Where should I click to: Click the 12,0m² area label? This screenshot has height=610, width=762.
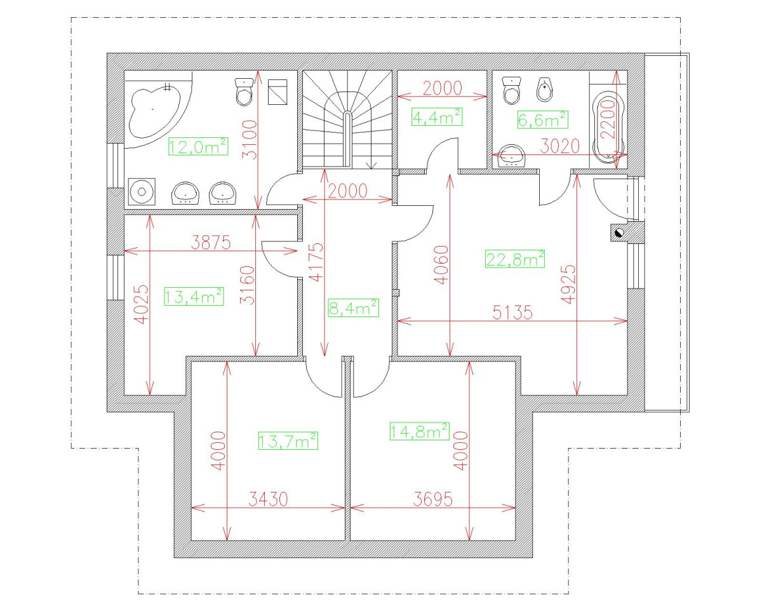tap(198, 147)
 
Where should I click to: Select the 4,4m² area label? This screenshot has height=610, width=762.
tap(437, 117)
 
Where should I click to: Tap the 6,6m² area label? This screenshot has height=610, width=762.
tap(543, 120)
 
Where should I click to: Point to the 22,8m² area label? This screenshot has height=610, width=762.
tap(515, 259)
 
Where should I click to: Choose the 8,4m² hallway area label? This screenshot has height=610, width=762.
tap(354, 308)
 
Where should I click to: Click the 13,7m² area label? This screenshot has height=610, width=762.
tap(288, 440)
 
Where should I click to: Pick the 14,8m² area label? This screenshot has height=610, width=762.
tap(420, 431)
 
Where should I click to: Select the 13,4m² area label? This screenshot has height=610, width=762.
tap(194, 296)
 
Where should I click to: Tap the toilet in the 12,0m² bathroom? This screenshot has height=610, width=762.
tap(244, 91)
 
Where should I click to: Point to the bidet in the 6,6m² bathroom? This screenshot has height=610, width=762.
tap(544, 90)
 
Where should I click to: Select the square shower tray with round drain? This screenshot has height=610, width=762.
tap(142, 192)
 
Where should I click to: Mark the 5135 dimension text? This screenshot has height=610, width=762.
tap(512, 312)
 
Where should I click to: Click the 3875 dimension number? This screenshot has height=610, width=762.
tap(211, 243)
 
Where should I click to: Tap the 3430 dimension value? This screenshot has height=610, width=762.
tap(268, 499)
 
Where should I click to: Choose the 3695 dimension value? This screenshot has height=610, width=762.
tap(432, 499)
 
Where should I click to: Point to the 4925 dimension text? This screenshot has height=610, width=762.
tap(568, 284)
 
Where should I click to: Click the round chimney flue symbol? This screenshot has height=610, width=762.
tap(619, 233)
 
